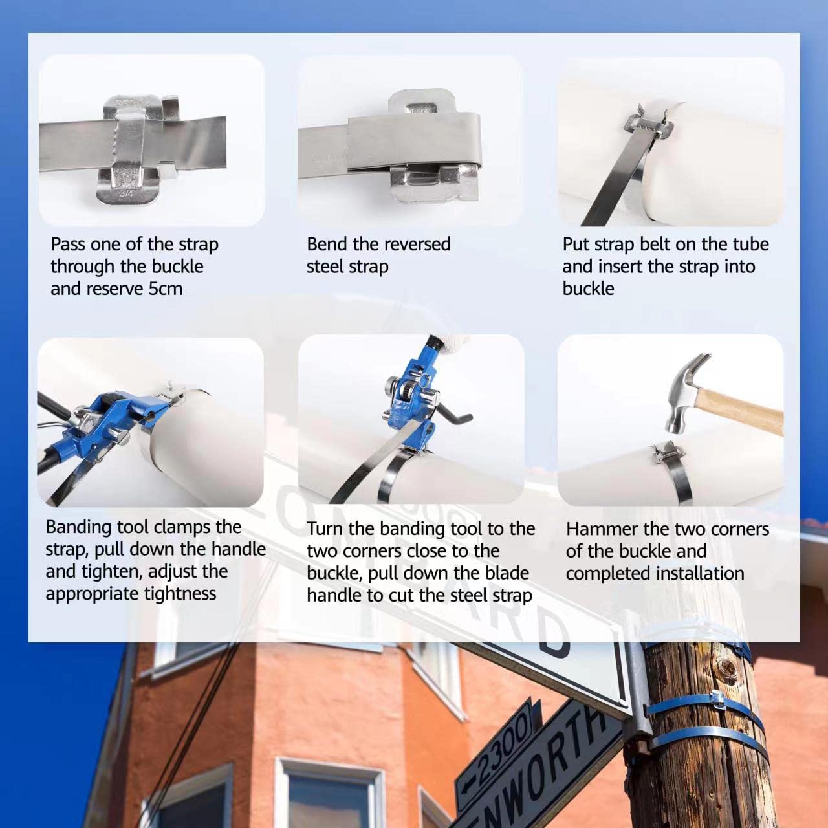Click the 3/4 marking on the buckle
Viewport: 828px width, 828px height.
[127, 193]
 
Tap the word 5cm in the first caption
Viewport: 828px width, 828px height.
[166, 289]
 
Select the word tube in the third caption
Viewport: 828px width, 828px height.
[750, 244]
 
